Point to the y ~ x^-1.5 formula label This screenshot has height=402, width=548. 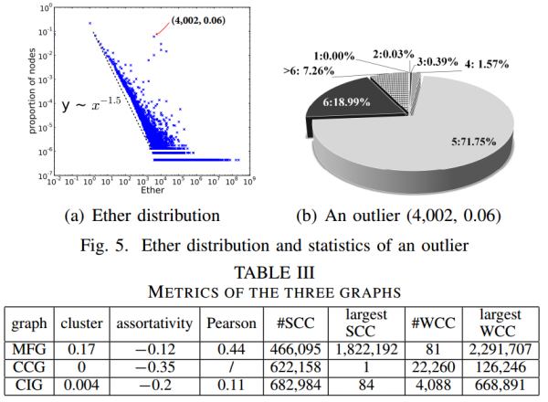(91, 105)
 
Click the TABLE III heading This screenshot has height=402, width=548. (274, 272)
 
